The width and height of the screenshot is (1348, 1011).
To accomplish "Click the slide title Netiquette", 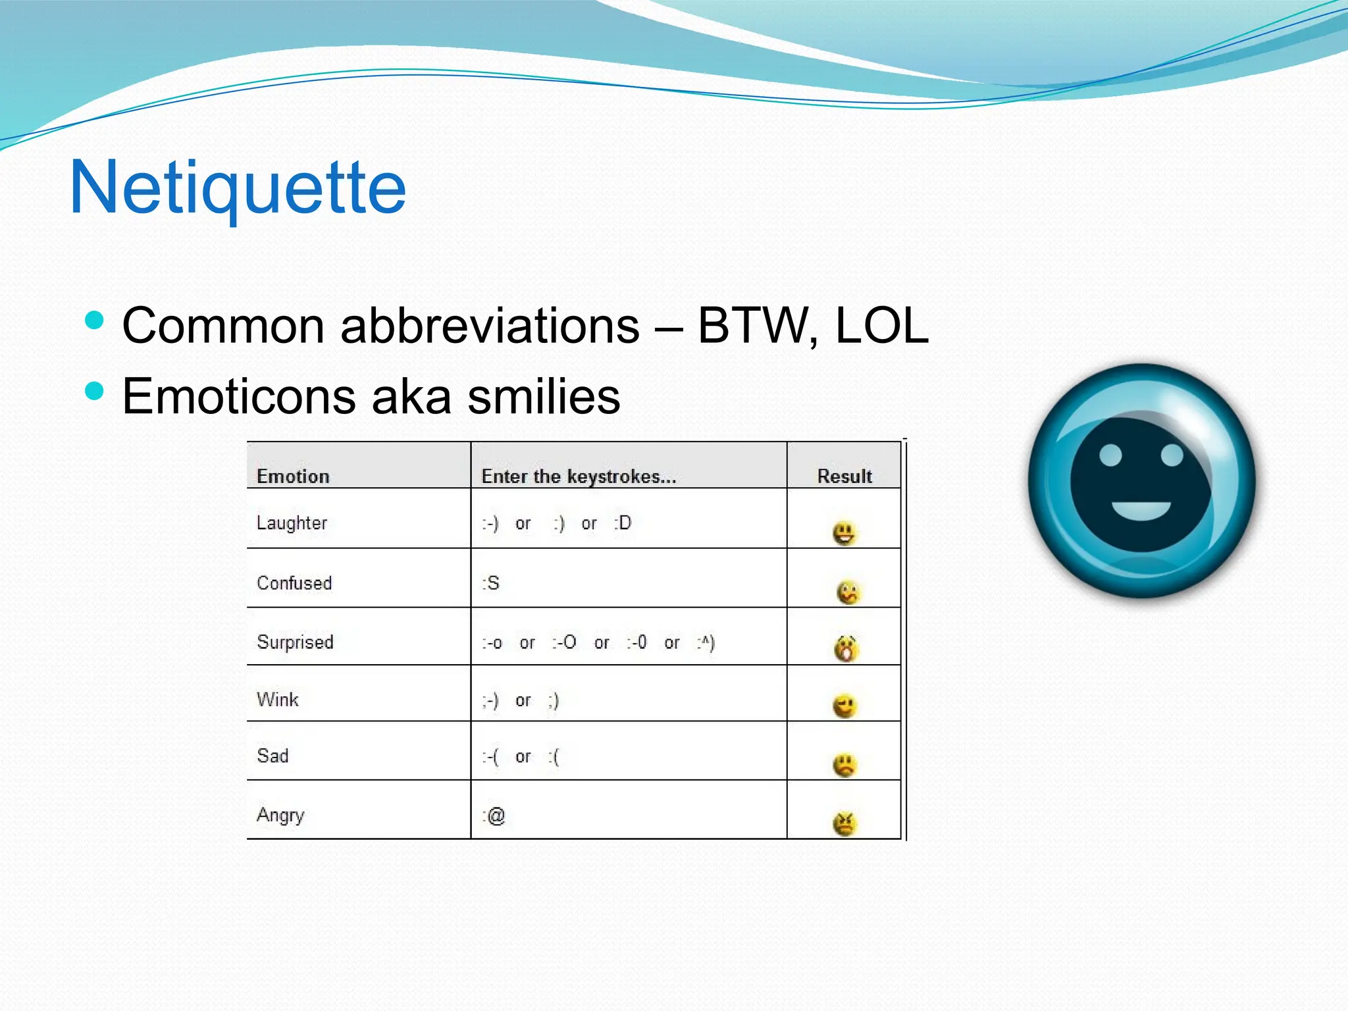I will (x=238, y=188).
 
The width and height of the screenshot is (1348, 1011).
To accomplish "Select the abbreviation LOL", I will (x=881, y=326).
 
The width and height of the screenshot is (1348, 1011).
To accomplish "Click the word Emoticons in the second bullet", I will (x=237, y=397).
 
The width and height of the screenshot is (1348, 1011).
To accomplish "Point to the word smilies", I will (x=544, y=397).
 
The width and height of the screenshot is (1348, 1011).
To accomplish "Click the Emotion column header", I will (x=293, y=476).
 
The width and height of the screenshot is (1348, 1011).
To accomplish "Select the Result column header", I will (x=844, y=476).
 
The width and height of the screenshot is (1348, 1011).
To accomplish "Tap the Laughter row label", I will (x=292, y=523).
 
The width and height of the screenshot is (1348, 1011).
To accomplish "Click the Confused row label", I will (x=294, y=583).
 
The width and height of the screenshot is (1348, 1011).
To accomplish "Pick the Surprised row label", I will (x=295, y=642).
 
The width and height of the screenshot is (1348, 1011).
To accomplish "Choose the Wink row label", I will (x=278, y=699).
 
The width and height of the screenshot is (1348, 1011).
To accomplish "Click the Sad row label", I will (x=272, y=756).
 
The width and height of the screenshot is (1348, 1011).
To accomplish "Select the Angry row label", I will (x=280, y=816).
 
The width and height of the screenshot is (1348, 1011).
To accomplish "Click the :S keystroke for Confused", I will (x=491, y=583).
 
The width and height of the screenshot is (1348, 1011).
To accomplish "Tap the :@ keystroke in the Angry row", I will (x=494, y=816).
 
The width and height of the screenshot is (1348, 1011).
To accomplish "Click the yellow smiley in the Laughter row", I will (x=844, y=533).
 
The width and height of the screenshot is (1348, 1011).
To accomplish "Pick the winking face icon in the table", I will (x=844, y=707).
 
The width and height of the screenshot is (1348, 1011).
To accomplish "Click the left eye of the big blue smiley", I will (x=1110, y=455).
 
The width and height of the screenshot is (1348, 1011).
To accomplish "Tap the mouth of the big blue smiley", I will (x=1141, y=510).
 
